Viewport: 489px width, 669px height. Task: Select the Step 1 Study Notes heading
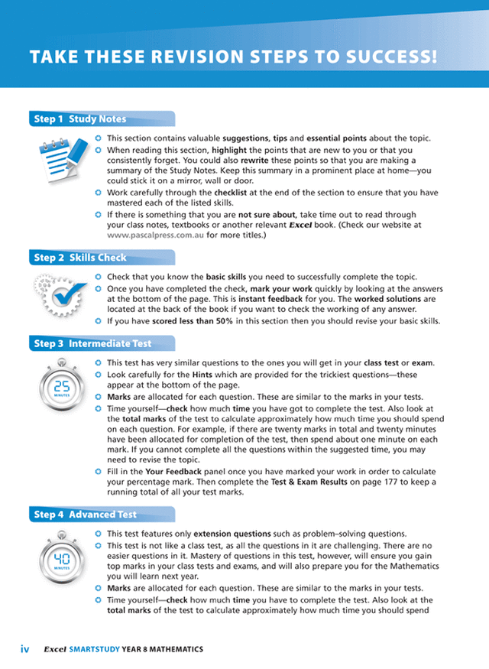pos(80,119)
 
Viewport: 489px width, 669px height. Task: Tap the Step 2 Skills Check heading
pos(80,258)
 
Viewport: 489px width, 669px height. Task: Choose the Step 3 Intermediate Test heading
pos(92,344)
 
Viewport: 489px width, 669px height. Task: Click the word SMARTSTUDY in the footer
pos(95,649)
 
